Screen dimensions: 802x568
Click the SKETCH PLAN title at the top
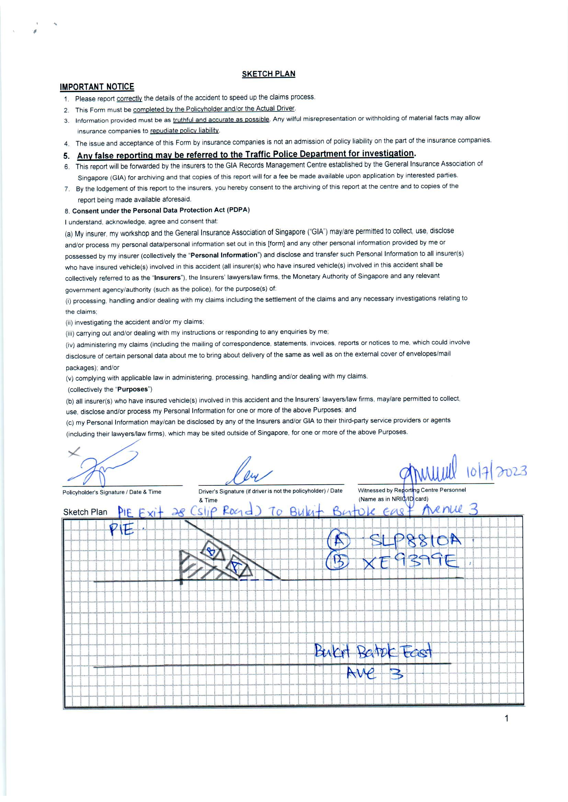coord(268,74)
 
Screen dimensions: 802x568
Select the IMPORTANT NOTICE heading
coord(97,87)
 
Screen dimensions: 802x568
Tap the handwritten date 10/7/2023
coord(496,472)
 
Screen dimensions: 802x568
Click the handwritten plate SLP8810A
coord(416,541)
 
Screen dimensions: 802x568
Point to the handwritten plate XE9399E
coord(410,562)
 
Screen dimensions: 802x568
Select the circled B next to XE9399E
coord(337,562)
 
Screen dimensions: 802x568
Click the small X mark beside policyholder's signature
coord(73,452)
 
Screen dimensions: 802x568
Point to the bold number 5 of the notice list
coord(67,156)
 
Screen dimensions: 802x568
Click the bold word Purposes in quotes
coord(133,389)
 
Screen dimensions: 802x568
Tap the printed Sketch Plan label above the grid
coord(85,512)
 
